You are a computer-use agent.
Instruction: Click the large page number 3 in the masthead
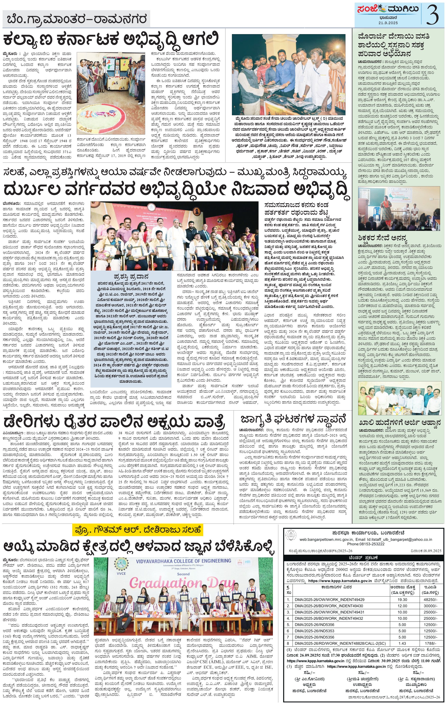432,15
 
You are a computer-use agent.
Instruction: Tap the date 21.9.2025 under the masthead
388,23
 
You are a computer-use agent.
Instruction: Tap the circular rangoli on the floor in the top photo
103,119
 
